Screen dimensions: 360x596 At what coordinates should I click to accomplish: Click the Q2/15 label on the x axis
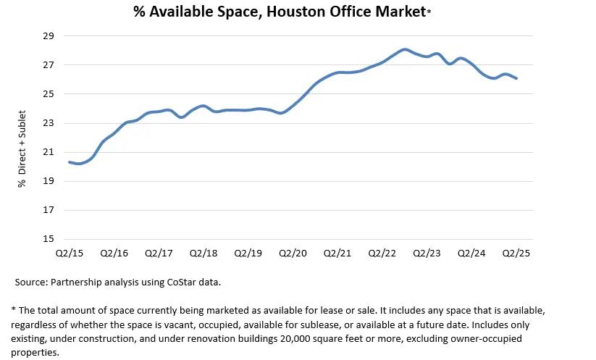(x=69, y=254)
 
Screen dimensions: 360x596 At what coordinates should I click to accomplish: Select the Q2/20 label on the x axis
(x=293, y=254)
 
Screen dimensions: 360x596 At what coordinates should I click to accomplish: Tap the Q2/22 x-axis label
(x=382, y=254)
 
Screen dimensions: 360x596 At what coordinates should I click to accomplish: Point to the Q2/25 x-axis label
(x=516, y=254)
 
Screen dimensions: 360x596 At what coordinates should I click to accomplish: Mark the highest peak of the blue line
(x=405, y=49)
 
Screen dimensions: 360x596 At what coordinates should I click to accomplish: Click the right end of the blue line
(x=516, y=78)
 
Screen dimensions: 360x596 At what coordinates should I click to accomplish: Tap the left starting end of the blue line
(x=70, y=162)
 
